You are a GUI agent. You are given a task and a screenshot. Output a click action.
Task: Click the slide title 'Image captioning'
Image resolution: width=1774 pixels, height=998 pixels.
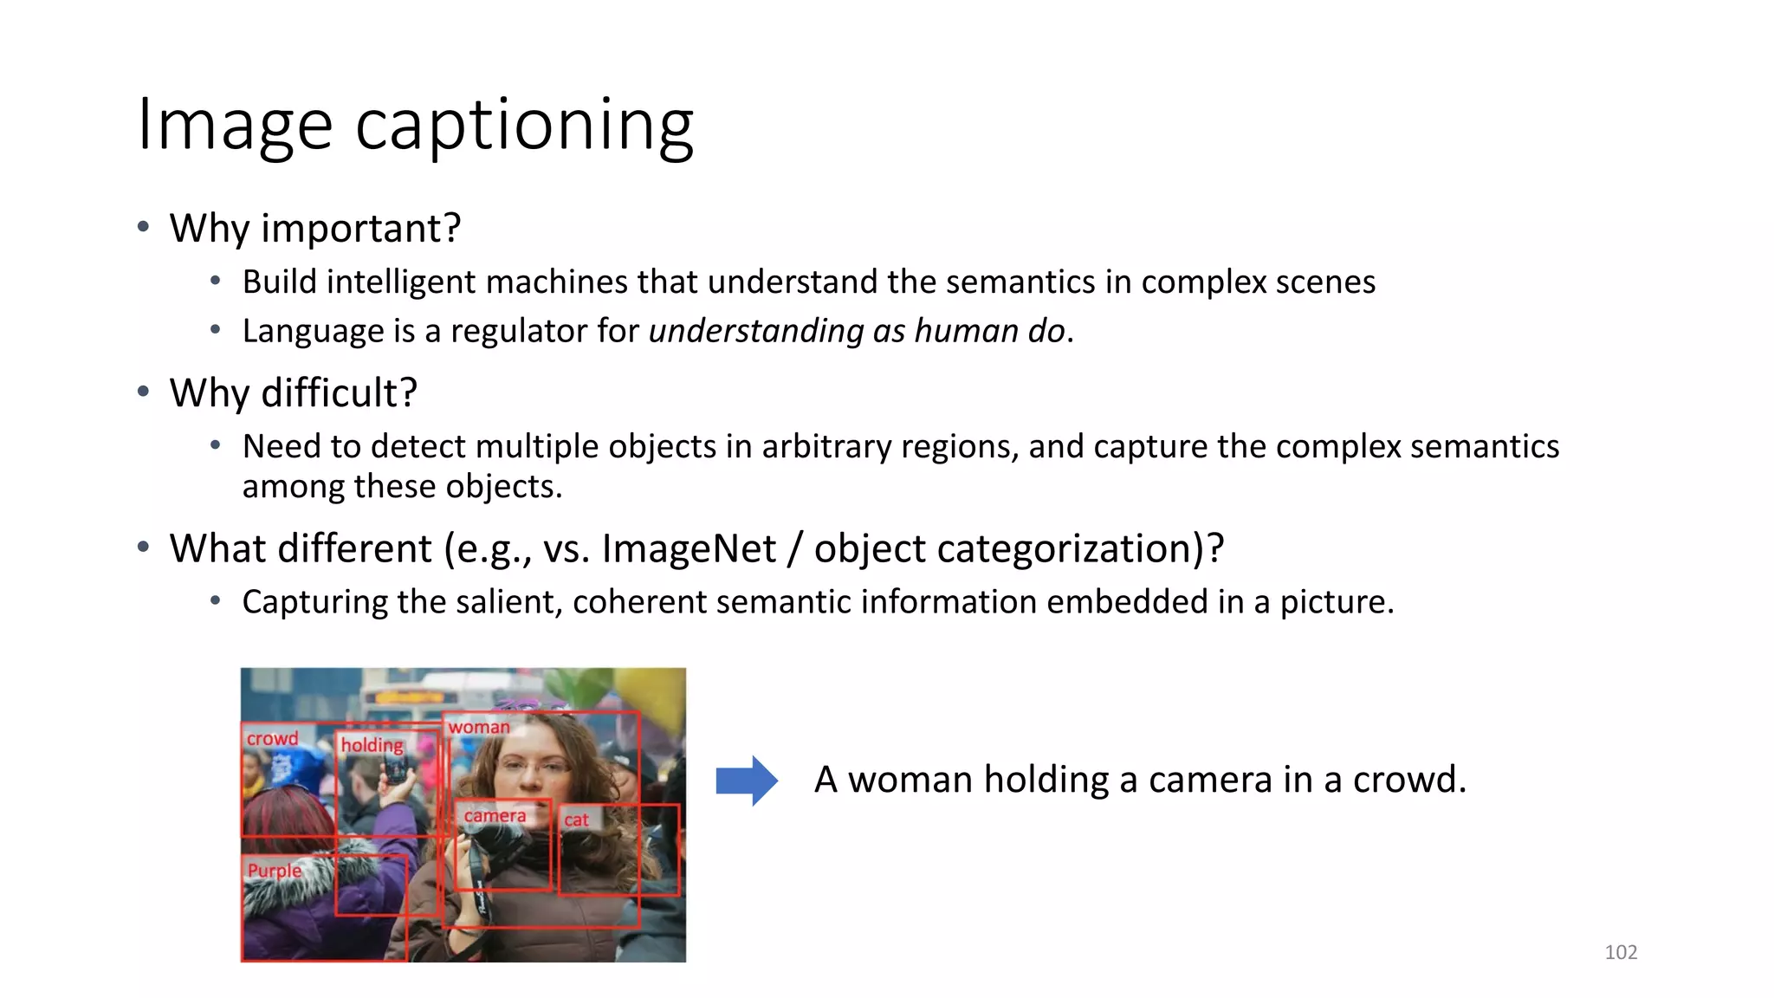coord(415,126)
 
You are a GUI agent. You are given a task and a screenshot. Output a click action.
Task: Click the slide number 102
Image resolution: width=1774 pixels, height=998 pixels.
coord(1621,952)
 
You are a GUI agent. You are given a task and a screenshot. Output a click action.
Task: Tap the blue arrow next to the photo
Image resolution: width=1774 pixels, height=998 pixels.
coord(747,781)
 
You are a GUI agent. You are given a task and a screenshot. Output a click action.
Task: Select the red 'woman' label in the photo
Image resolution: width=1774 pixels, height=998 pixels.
coord(479,728)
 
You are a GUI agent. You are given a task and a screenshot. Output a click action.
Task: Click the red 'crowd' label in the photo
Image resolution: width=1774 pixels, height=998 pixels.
coord(272,739)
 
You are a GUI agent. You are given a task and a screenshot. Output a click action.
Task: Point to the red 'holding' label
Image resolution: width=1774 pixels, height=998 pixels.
coord(372,745)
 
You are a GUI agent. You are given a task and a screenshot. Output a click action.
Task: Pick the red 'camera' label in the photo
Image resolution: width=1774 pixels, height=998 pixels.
coord(495,816)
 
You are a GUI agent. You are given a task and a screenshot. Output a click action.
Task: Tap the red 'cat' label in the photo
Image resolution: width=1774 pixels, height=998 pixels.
coord(576,820)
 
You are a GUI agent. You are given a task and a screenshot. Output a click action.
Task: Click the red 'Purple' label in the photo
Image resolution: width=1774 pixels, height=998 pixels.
coord(275,871)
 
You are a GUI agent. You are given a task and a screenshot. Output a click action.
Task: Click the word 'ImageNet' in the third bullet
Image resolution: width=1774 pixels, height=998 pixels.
coord(689,549)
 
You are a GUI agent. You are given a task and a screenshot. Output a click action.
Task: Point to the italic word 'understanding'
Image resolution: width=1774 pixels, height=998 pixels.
coord(755,332)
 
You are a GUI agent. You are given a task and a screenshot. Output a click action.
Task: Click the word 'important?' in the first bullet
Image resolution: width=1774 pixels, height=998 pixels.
coord(360,229)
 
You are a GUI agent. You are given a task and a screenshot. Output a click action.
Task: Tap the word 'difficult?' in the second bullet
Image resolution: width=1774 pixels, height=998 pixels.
coord(339,393)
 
